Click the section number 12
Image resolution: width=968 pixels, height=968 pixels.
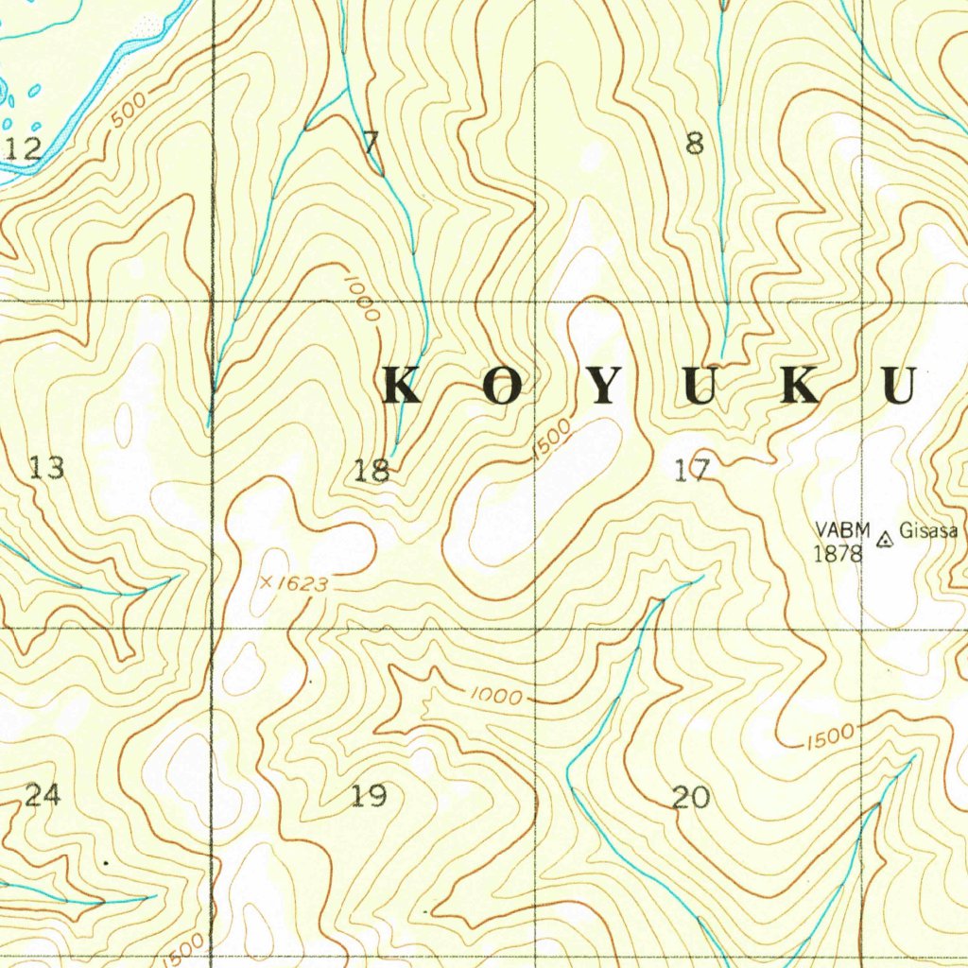(x=25, y=148)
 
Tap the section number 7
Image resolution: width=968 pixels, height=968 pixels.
(x=372, y=144)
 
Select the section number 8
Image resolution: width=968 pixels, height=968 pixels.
(x=695, y=144)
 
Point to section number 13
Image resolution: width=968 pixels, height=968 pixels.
(x=47, y=467)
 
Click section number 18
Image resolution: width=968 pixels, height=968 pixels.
(x=372, y=470)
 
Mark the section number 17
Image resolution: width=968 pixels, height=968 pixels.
(x=692, y=470)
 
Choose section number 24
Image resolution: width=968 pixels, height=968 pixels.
(x=43, y=795)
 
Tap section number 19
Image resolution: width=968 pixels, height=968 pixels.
(x=369, y=796)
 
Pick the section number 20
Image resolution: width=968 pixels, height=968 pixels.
(x=690, y=798)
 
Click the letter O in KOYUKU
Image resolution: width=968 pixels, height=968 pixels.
(x=504, y=388)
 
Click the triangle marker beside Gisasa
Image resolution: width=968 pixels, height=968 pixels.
(x=885, y=540)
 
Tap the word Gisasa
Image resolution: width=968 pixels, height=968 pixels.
(x=928, y=530)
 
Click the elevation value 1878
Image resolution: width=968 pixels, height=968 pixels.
(x=838, y=554)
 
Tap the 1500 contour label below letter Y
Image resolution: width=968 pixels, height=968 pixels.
(x=551, y=440)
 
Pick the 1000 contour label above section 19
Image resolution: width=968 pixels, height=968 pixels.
(x=497, y=697)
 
